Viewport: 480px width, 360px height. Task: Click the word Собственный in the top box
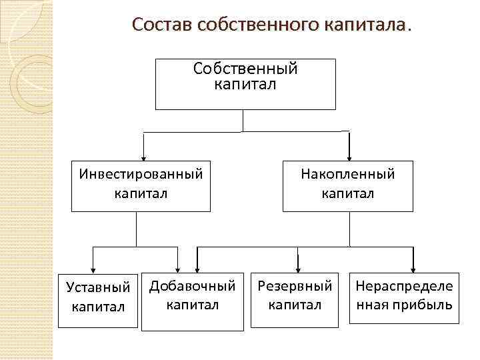tap(245, 69)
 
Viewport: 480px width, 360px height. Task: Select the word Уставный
tap(99, 288)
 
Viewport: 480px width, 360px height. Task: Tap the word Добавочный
tap(192, 287)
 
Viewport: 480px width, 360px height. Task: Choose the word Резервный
tap(295, 287)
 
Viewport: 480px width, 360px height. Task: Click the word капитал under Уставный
tap(99, 306)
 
